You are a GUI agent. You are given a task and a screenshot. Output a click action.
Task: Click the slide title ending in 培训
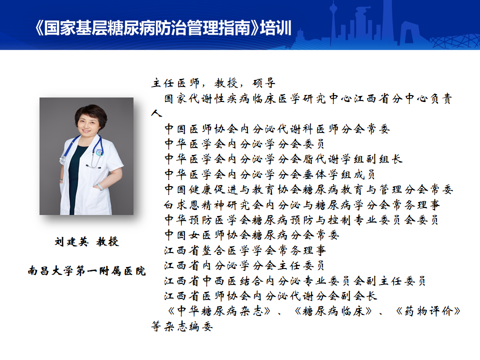pos(163,28)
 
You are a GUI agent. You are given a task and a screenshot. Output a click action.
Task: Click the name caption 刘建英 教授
pos(86,241)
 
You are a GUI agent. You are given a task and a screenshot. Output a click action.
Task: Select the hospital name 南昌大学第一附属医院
pos(86,270)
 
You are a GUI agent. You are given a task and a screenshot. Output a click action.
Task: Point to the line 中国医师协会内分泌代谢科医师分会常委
pos(277,129)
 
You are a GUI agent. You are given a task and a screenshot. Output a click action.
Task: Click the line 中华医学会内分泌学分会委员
pos(244,144)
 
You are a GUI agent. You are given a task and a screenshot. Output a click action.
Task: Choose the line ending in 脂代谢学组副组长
pos(283,159)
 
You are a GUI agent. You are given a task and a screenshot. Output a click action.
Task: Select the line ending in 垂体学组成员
pos(269,174)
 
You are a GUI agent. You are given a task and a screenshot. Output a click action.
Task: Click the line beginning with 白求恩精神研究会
pos(302,205)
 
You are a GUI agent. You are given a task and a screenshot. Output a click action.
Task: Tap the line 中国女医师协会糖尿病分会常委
pos(251,235)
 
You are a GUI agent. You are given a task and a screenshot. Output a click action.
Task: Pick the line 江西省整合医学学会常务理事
pos(245,250)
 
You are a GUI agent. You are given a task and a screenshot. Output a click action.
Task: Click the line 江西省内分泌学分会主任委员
pos(244,265)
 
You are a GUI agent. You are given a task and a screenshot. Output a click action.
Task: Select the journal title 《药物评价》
pos(428,311)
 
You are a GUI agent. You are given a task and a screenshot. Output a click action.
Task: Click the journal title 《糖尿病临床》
pos(333,311)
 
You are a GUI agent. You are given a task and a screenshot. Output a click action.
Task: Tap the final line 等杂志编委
pos(182,326)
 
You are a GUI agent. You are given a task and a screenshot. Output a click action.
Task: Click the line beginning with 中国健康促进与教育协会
pos(308,189)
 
